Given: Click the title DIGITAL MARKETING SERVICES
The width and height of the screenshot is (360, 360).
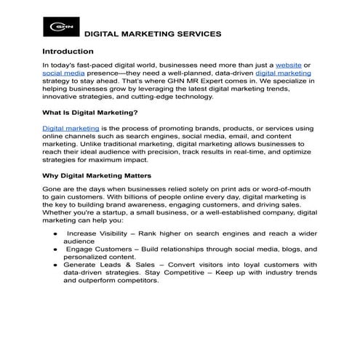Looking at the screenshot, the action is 153,34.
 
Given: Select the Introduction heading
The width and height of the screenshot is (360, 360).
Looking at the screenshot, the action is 68,52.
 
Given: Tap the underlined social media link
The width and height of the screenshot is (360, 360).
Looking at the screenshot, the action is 63,73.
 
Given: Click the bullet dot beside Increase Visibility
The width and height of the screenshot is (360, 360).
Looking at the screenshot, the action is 55,233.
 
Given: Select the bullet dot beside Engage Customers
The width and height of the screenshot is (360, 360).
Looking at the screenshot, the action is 55,249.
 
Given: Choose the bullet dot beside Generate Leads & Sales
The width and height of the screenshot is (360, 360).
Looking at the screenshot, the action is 55,264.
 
